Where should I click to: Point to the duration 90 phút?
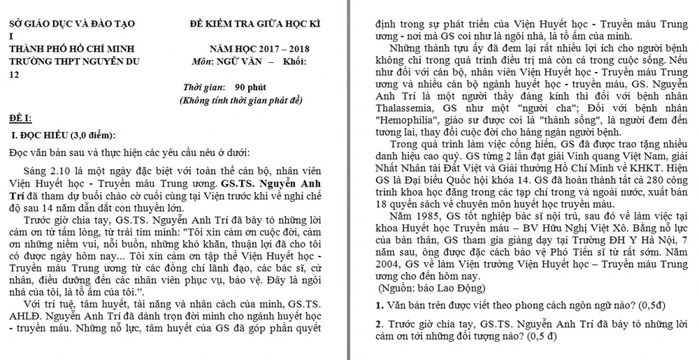pos(249,89)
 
